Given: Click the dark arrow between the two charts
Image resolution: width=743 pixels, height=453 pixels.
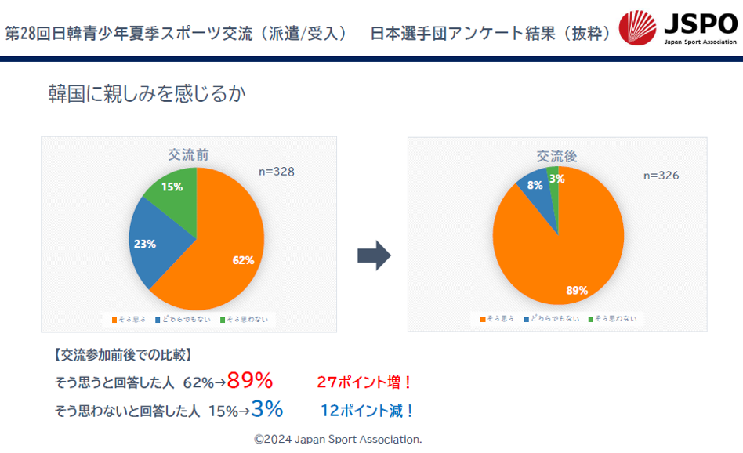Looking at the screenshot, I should tap(373, 255).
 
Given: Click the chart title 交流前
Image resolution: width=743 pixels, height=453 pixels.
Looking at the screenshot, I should tap(189, 155).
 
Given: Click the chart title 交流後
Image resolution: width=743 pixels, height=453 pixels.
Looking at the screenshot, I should tap(557, 157).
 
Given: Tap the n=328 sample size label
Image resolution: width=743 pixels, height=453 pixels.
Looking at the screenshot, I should tap(277, 172).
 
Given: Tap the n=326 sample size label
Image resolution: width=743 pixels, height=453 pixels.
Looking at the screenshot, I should tap(661, 176).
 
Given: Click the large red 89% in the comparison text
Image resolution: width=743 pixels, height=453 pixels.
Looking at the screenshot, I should tap(250, 382).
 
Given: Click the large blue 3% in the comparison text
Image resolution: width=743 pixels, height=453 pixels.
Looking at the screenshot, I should tap(267, 409).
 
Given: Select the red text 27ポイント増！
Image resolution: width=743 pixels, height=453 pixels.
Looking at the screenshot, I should tap(364, 382).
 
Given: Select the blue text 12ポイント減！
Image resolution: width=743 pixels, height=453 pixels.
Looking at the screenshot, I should tap(368, 410).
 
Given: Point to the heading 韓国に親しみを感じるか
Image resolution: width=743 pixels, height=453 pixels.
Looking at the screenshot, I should tap(147, 95).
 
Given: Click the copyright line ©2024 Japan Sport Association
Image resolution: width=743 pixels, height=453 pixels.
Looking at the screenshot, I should tap(338, 439).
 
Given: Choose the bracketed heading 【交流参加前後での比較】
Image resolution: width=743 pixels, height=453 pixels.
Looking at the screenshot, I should tap(122, 355).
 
